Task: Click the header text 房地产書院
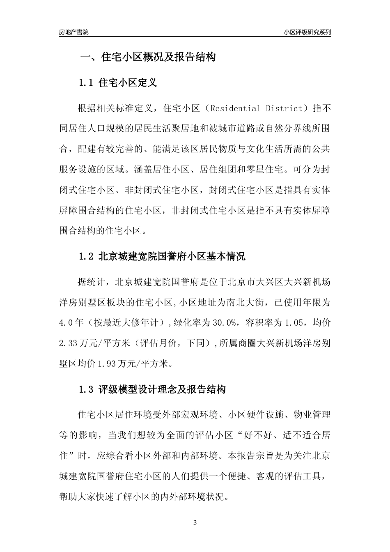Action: point(74,32)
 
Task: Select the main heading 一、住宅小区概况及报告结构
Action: point(147,57)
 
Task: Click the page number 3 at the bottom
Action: point(195,523)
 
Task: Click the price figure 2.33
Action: point(68,343)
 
